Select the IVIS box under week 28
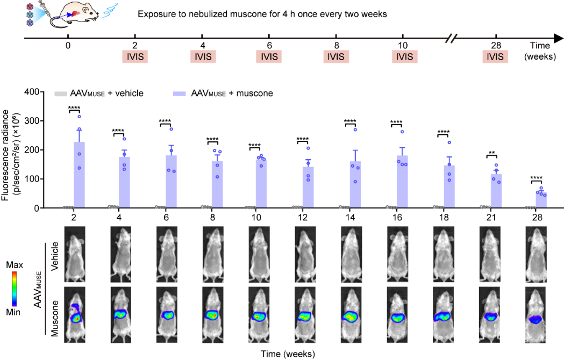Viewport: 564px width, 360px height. (x=495, y=57)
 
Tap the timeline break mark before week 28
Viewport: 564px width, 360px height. (x=454, y=39)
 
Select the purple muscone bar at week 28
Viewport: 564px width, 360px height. (x=541, y=200)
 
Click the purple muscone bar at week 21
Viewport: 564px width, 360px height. (x=496, y=191)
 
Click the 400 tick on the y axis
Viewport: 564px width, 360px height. (x=39, y=92)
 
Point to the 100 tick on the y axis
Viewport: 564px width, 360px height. (x=39, y=179)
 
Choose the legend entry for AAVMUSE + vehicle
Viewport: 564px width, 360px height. (x=99, y=93)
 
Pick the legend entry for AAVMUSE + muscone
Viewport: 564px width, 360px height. (x=223, y=93)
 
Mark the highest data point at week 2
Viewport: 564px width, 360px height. (x=79, y=117)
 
